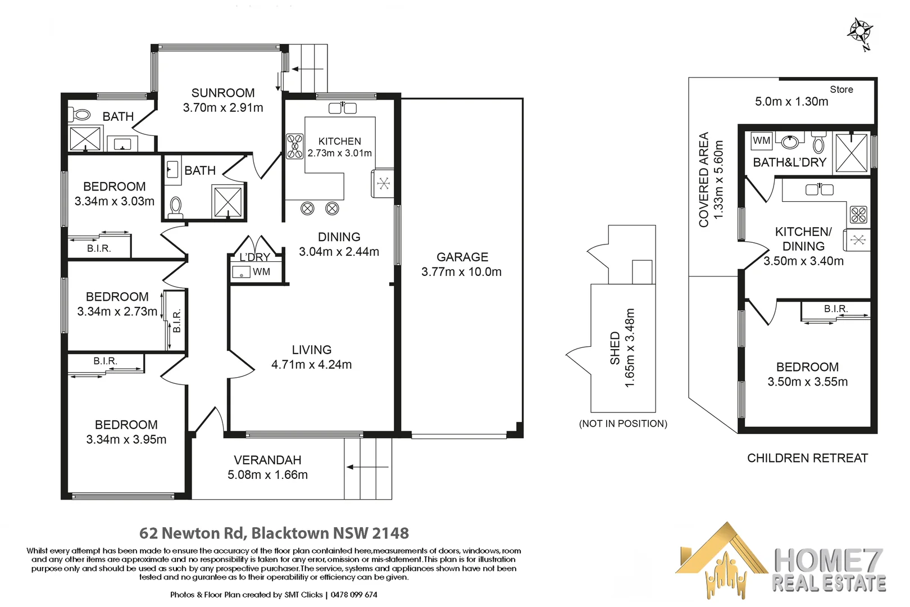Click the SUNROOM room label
pyautogui.click(x=223, y=93)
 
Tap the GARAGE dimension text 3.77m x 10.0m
pyautogui.click(x=461, y=272)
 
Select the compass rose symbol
pyautogui.click(x=859, y=31)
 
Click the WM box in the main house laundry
pyautogui.click(x=242, y=273)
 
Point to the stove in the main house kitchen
pyautogui.click(x=295, y=146)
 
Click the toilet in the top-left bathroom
pyautogui.click(x=80, y=115)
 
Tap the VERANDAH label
pyautogui.click(x=267, y=460)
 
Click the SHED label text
pyautogui.click(x=615, y=348)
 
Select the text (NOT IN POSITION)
pyautogui.click(x=623, y=424)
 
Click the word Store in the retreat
pyautogui.click(x=841, y=89)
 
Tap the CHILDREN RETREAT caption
pyautogui.click(x=807, y=458)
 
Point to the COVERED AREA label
pyautogui.click(x=703, y=180)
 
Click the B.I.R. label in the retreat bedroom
pyautogui.click(x=835, y=309)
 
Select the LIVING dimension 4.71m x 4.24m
pyautogui.click(x=311, y=365)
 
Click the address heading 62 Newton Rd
pyautogui.click(x=192, y=533)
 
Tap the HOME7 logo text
pyautogui.click(x=828, y=560)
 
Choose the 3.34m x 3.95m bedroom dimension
pyautogui.click(x=126, y=440)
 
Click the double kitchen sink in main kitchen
pyautogui.click(x=343, y=108)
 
